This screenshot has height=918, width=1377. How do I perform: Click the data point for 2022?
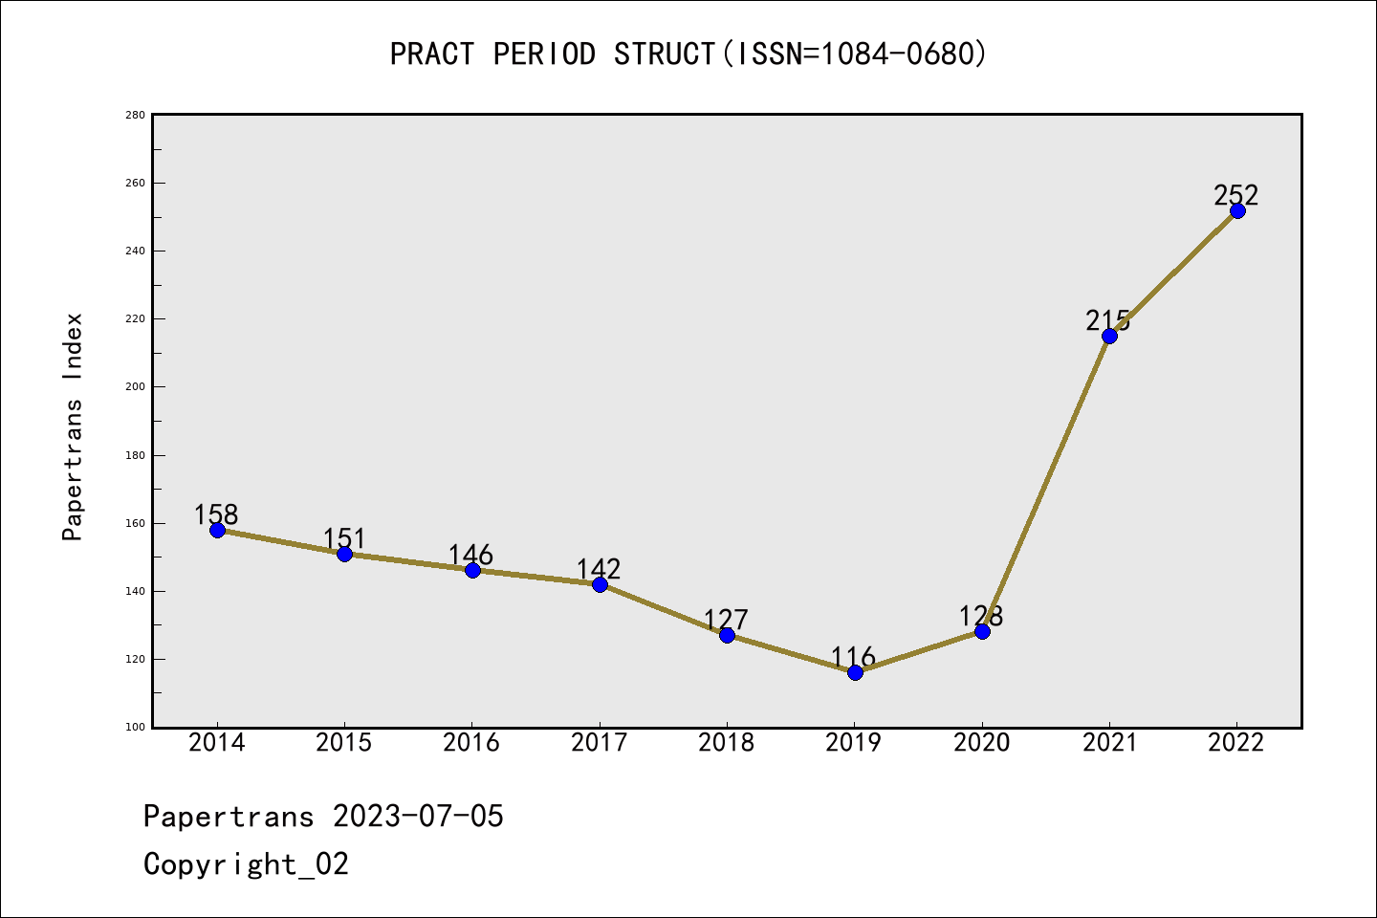click(1237, 210)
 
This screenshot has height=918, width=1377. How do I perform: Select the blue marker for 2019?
click(855, 672)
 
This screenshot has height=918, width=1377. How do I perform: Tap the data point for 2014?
click(217, 530)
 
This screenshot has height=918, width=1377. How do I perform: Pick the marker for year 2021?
click(1109, 336)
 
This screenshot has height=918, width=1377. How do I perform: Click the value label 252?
click(1236, 195)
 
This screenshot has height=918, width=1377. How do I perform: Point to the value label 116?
click(853, 657)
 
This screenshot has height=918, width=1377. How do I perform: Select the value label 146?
click(470, 555)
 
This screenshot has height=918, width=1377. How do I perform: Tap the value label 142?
click(599, 569)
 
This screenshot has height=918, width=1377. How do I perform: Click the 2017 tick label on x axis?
click(600, 743)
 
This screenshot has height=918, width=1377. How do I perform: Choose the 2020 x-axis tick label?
click(982, 743)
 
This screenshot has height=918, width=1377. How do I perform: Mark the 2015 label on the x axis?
click(344, 743)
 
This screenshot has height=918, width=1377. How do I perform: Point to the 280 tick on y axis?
click(135, 115)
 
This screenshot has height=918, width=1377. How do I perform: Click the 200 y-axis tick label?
click(135, 387)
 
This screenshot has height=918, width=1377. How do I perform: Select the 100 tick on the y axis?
click(135, 728)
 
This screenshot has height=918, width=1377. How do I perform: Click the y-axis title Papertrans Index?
click(73, 426)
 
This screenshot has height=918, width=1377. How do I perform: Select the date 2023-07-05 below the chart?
click(418, 817)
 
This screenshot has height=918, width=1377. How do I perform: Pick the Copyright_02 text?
click(246, 864)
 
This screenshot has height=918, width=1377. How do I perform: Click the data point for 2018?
click(727, 635)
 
